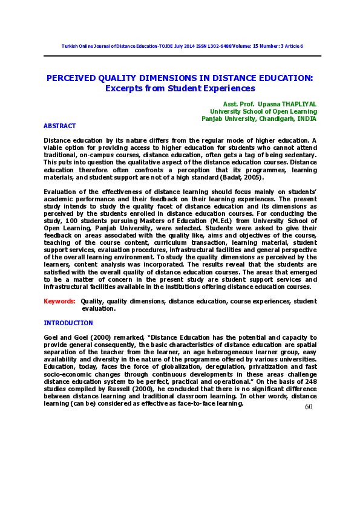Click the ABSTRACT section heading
point(59,126)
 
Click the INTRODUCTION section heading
point(68,323)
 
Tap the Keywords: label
point(59,301)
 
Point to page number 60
point(309,407)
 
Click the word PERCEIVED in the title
point(71,79)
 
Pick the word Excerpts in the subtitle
point(123,88)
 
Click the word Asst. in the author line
point(232,104)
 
